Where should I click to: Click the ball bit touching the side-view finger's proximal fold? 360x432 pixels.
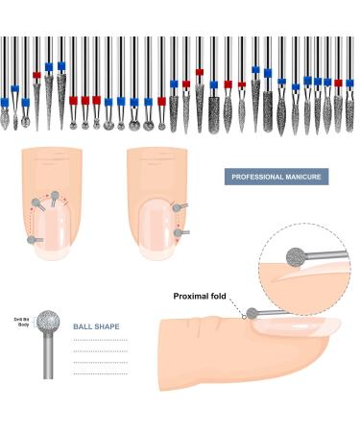(x=251, y=313)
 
